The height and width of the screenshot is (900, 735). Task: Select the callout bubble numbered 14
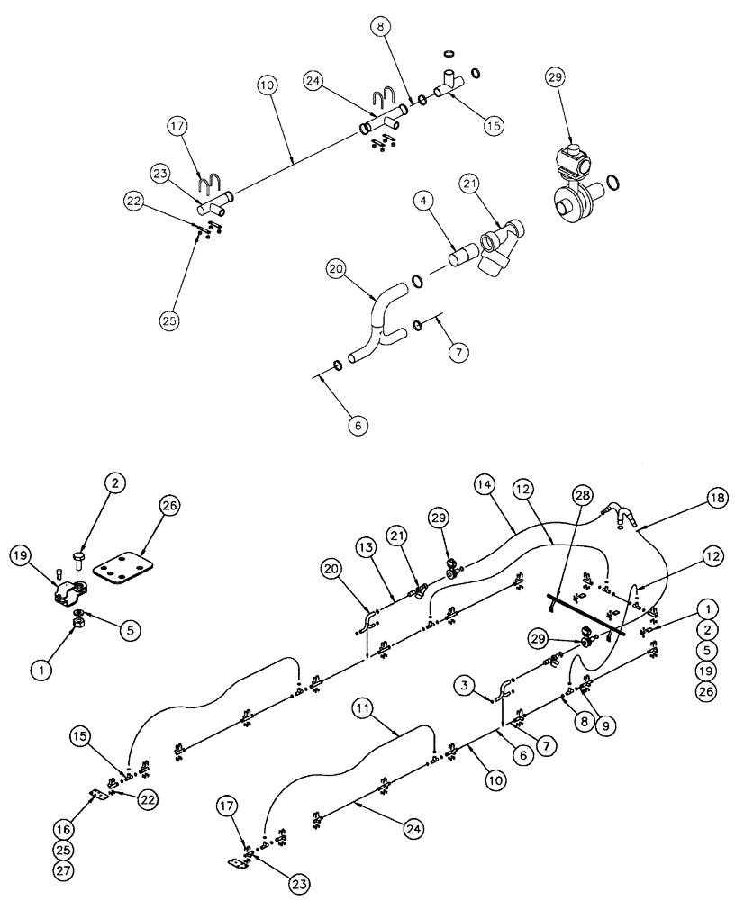coord(485,484)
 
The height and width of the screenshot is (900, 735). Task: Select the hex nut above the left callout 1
coord(78,621)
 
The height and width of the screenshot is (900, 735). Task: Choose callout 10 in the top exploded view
coord(266,87)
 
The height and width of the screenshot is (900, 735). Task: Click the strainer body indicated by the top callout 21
coord(495,247)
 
